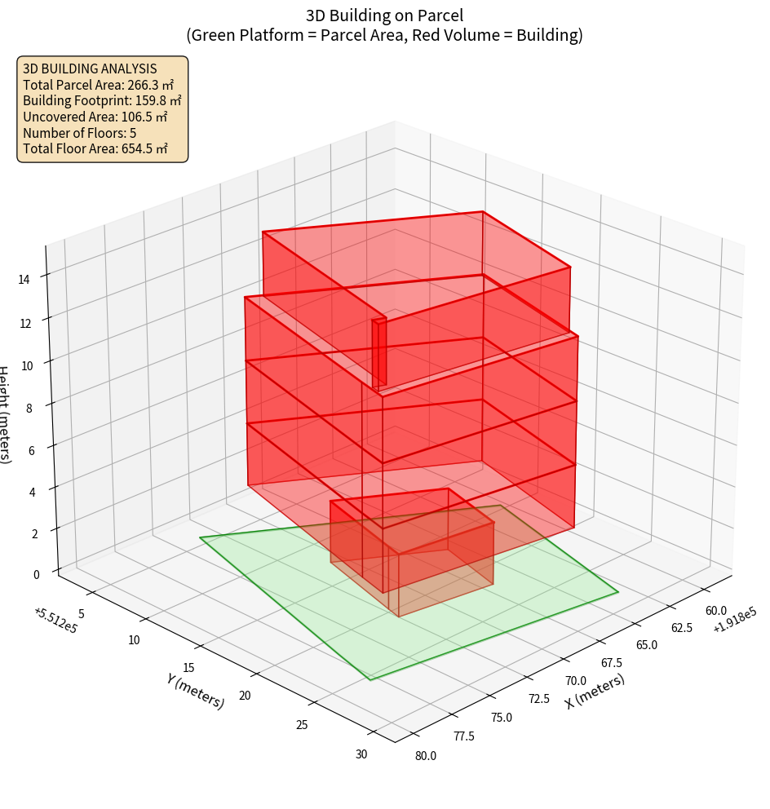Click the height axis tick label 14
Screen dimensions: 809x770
[24, 279]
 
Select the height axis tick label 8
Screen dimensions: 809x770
[29, 407]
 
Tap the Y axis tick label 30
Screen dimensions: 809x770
[361, 754]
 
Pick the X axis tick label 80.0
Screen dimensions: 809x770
[425, 755]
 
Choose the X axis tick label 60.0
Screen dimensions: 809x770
[715, 611]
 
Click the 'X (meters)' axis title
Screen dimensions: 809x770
[595, 692]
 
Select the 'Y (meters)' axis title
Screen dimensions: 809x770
[195, 690]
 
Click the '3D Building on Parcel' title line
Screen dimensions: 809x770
[384, 15]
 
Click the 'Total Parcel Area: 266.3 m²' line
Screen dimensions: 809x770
[98, 84]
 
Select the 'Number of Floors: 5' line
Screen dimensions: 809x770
[79, 132]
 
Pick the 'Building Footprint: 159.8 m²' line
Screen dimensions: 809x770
[102, 100]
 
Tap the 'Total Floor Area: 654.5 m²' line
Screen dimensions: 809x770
[95, 148]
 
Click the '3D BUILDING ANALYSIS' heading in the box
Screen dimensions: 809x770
[90, 69]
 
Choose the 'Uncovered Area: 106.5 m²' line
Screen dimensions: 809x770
[96, 117]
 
